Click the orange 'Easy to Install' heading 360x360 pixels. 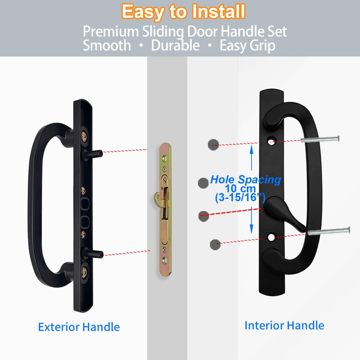click(184, 12)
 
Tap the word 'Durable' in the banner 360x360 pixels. click(175, 45)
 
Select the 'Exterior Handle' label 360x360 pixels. click(79, 327)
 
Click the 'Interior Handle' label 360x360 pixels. click(284, 325)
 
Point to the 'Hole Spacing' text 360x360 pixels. click(245, 180)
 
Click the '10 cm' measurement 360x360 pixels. click(240, 189)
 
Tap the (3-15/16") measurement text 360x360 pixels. click(240, 198)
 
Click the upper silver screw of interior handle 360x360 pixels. click(320, 139)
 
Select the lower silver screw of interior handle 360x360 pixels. click(329, 231)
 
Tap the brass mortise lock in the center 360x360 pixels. click(165, 209)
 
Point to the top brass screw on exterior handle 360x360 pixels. click(84, 137)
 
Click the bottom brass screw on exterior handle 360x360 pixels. click(84, 273)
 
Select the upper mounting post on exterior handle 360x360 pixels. click(93, 154)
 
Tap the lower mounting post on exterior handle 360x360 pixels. click(93, 253)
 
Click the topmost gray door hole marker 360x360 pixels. click(213, 144)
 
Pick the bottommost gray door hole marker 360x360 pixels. click(215, 244)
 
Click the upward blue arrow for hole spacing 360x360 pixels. click(252, 157)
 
